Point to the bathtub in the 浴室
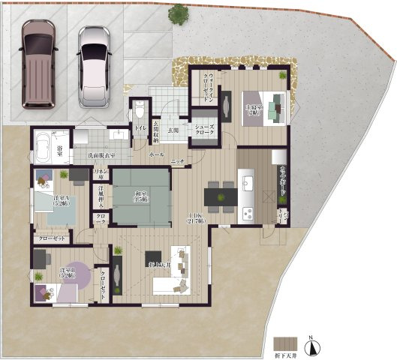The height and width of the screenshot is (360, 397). pyautogui.click(x=43, y=143)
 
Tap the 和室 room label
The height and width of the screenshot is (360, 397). pyautogui.click(x=142, y=197)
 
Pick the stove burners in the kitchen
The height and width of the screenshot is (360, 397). pyautogui.click(x=247, y=212)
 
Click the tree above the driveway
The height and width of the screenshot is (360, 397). pyautogui.click(x=179, y=13)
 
